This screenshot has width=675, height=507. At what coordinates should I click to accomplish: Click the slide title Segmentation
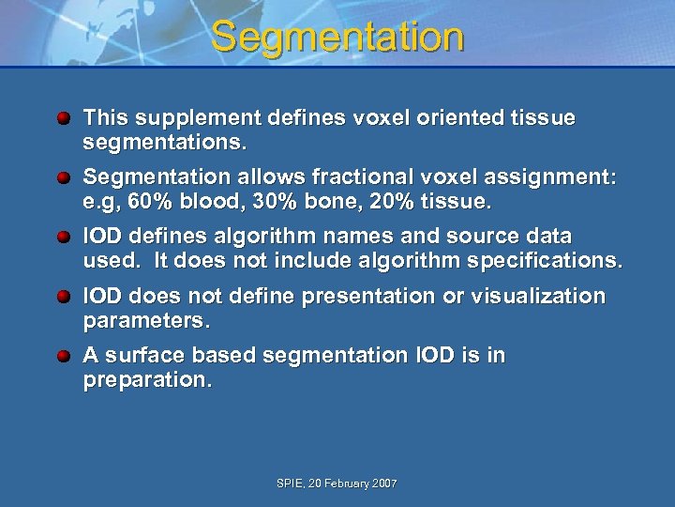337,38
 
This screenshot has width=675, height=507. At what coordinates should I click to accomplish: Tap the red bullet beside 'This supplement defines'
63,119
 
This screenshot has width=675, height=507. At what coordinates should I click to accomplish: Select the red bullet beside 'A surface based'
63,357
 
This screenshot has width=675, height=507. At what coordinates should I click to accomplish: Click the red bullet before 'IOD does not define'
63,298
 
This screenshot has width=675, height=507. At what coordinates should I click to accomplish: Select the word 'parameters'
142,322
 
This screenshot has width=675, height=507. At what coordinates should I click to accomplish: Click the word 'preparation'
145,382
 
